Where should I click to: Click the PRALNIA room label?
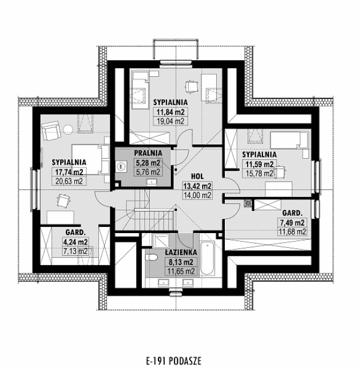click(x=148, y=153)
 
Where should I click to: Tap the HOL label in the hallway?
click(x=197, y=176)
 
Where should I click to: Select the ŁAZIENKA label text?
click(x=182, y=251)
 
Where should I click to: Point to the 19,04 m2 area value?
click(x=171, y=121)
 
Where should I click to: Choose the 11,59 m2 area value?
click(x=259, y=164)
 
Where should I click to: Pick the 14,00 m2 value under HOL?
click(x=197, y=195)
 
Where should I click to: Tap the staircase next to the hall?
click(x=135, y=210)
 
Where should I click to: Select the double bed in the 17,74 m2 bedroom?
click(x=94, y=157)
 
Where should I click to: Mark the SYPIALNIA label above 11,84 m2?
click(x=171, y=101)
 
